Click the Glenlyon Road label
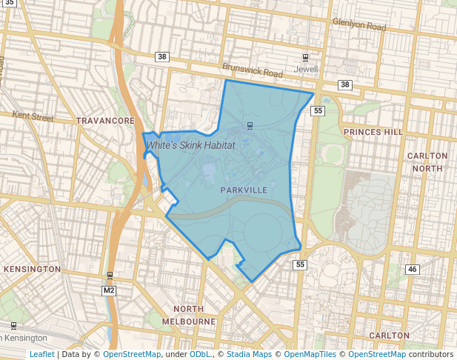[x=359, y=25]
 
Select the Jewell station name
[x=306, y=69]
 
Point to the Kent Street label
[x=33, y=117]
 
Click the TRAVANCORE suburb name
[x=105, y=120]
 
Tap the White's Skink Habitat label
[x=191, y=146]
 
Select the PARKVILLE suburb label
[x=244, y=190]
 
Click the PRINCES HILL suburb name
[x=373, y=132]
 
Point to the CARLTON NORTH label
[x=427, y=161]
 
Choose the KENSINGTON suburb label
[x=31, y=268]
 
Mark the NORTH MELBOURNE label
[x=194, y=315]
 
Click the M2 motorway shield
[x=110, y=290]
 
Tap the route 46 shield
[x=413, y=269]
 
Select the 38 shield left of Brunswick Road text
[x=162, y=56]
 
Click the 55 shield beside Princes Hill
[x=318, y=111]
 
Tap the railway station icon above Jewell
[x=305, y=58]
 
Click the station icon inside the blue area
[x=250, y=124]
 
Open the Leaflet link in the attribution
[x=41, y=354]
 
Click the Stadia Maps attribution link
[x=250, y=354]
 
